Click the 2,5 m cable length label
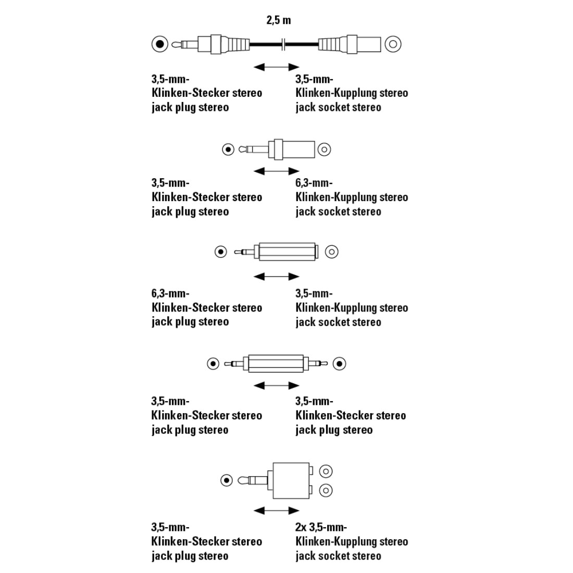279,20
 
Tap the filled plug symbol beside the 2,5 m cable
160,44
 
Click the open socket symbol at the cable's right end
393,44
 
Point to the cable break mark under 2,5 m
283,44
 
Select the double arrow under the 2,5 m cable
276,67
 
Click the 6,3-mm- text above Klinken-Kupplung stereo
314,183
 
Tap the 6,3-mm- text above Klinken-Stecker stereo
170,293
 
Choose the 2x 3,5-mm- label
321,527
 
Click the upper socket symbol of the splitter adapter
326,471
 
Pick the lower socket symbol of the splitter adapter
326,490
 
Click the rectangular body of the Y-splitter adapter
291,481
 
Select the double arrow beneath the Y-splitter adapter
276,510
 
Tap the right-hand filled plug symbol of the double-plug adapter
340,364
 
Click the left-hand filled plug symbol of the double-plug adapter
213,364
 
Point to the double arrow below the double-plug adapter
276,385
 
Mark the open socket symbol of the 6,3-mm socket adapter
324,150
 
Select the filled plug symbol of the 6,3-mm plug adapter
221,252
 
